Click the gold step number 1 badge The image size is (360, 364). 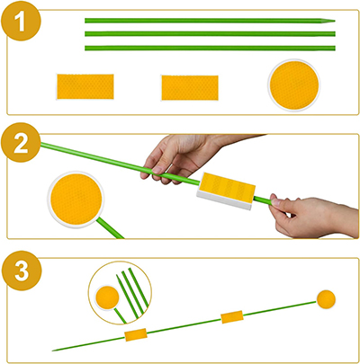[21, 21]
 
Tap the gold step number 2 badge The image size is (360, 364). [21, 143]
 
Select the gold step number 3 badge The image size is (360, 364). [22, 271]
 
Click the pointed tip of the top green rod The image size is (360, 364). [335, 21]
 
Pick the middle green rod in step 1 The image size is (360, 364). [210, 34]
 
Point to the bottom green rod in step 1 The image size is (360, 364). [210, 48]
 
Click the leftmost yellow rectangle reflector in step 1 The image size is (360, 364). [85, 86]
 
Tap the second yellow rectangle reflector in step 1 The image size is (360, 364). [190, 87]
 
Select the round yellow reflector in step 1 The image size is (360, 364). [294, 85]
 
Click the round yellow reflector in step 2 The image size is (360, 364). [76, 200]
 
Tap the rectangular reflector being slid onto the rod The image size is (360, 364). [226, 191]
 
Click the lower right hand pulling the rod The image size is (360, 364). [312, 217]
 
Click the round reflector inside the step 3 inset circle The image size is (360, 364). [107, 297]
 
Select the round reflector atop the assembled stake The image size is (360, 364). [326, 299]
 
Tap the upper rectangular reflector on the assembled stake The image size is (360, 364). [232, 317]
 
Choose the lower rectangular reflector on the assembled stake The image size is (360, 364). [136, 334]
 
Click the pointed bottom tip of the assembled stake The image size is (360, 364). [53, 351]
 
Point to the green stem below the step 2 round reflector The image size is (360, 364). [110, 228]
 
